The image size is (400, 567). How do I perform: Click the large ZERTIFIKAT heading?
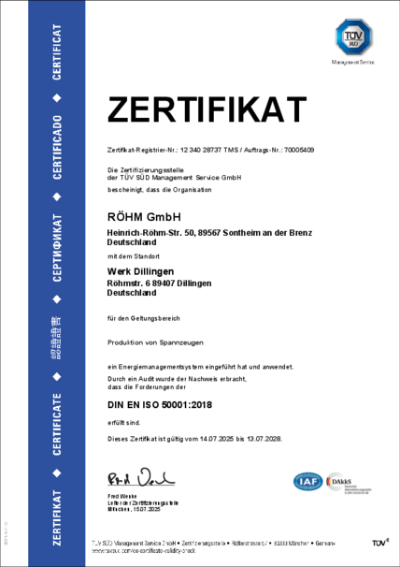tap(207, 110)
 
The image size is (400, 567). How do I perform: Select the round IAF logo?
tap(308, 483)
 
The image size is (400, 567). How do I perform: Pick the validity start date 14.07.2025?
tap(205, 439)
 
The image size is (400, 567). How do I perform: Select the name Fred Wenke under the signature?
tap(122, 493)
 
